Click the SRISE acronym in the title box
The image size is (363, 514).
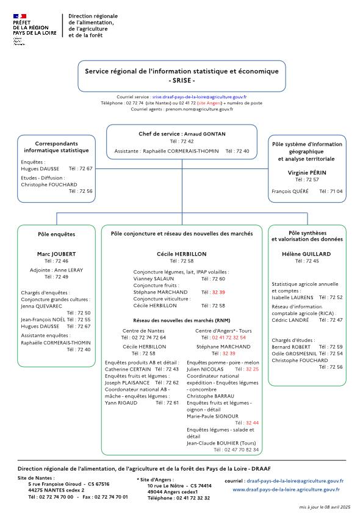point(181,81)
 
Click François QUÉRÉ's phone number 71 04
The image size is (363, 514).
point(336,191)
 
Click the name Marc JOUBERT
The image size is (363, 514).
point(56,253)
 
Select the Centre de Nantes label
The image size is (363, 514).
point(143,330)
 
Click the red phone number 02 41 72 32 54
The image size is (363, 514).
point(229,337)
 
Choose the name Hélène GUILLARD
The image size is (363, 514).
point(307,253)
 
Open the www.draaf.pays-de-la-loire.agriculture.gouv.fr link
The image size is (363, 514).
point(286,490)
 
